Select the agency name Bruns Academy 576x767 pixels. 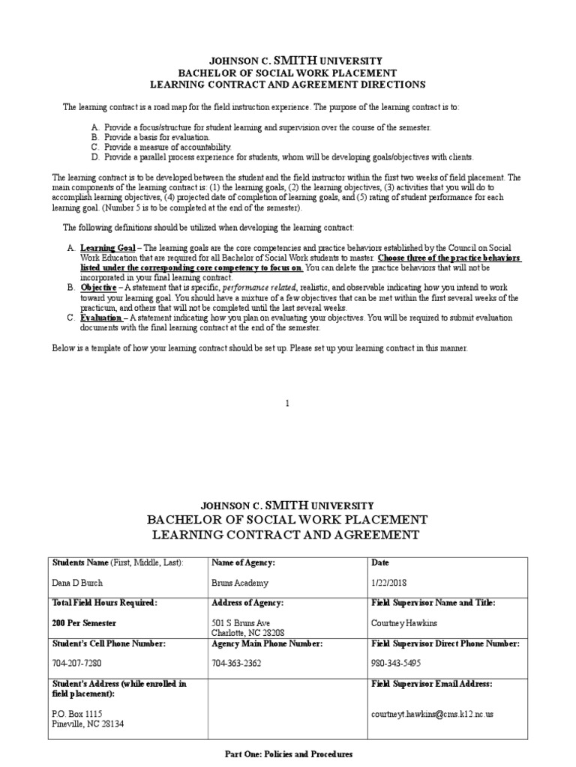click(239, 583)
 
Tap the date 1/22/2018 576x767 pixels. click(389, 583)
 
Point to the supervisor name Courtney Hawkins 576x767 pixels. click(404, 622)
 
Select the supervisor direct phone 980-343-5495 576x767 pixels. click(395, 663)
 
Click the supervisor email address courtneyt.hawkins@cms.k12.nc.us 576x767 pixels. click(432, 714)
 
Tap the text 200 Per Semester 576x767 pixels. click(84, 622)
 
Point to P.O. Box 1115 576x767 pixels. click(77, 714)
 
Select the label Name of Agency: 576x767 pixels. click(244, 563)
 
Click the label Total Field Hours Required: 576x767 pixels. click(104, 602)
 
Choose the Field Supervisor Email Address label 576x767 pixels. click(432, 683)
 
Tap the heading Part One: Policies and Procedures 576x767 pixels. click(289, 754)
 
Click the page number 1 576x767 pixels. click(287, 403)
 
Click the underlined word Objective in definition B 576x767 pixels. click(98, 287)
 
